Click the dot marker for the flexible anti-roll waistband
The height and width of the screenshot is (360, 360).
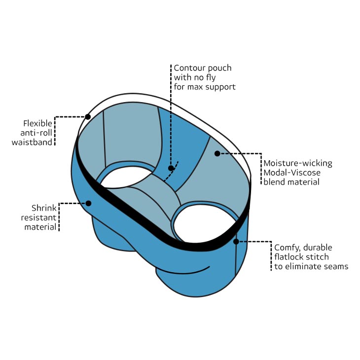88,117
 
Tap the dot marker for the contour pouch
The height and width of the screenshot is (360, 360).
171,168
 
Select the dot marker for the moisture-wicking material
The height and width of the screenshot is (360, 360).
217,154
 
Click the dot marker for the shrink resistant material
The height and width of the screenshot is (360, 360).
89,203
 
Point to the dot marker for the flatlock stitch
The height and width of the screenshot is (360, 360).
236,242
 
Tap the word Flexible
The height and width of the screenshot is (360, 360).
38,123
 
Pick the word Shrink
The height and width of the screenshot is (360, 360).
44,208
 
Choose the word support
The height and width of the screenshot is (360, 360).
220,87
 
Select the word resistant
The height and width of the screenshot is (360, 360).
38,217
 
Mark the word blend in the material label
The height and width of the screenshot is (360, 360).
275,182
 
